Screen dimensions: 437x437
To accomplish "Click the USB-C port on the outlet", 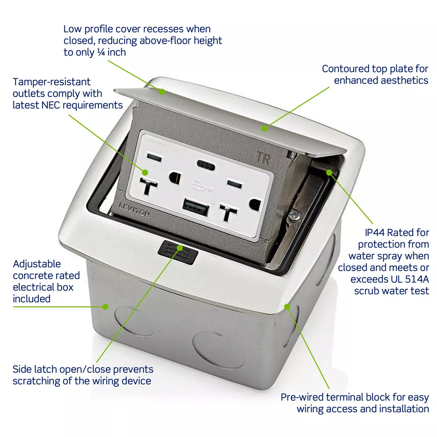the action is (206, 164).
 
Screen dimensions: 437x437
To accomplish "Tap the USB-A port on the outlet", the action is (196, 207).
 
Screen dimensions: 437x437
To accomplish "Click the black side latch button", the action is (178, 252).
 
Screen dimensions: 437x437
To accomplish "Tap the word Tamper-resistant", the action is (52, 82).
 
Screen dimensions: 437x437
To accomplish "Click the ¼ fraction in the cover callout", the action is (101, 52).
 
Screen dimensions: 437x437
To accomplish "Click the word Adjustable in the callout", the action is (37, 264).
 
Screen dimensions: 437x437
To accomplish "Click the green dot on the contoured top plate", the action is (264, 129).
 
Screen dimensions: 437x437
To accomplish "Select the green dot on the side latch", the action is (180, 248).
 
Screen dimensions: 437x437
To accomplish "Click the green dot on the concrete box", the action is (105, 307).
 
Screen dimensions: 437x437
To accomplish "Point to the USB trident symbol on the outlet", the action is (201, 185).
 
